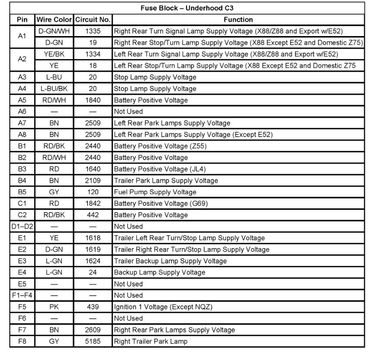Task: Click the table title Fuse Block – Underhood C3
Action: pyautogui.click(x=187, y=8)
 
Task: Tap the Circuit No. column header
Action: pyautogui.click(x=93, y=20)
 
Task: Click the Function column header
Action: pyautogui.click(x=238, y=20)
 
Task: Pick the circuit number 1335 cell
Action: pyautogui.click(x=93, y=31)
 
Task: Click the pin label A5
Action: pyautogui.click(x=22, y=100)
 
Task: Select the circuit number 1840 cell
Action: pyautogui.click(x=93, y=100)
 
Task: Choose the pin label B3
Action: pyautogui.click(x=22, y=169)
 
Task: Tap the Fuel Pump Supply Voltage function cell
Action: pyautogui.click(x=155, y=192)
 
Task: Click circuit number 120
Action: pyautogui.click(x=93, y=192)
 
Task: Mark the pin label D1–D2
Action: pyautogui.click(x=22, y=226)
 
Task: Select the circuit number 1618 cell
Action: pyautogui.click(x=93, y=238)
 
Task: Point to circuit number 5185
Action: pyautogui.click(x=93, y=341)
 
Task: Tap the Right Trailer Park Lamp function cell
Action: pyautogui.click(x=151, y=341)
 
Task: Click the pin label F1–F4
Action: pyautogui.click(x=22, y=296)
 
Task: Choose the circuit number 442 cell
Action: pyautogui.click(x=93, y=215)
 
